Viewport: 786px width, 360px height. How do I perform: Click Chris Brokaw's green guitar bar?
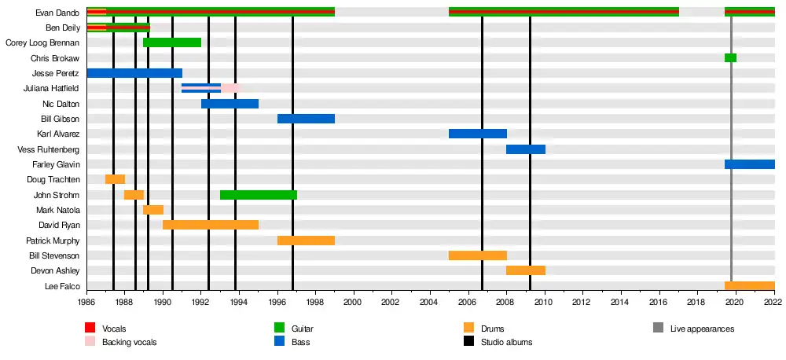(x=730, y=58)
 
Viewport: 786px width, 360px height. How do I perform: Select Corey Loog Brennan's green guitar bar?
(x=172, y=42)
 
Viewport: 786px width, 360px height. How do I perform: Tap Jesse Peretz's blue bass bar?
(x=134, y=73)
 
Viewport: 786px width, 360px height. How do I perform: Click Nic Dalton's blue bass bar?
(x=230, y=104)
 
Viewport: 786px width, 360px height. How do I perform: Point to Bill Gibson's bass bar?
(x=306, y=119)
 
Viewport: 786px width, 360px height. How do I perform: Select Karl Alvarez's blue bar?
(x=477, y=134)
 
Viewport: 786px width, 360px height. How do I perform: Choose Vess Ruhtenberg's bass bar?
(x=525, y=149)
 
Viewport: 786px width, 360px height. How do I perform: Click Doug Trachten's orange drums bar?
(x=115, y=179)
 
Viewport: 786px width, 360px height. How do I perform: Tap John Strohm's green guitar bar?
(x=258, y=195)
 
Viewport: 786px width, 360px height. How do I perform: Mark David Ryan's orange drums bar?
(x=210, y=225)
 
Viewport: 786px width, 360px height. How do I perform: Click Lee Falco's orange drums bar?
(x=749, y=286)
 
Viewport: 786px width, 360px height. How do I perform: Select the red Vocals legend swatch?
(x=90, y=328)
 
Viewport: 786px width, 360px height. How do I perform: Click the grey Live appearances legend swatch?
(x=658, y=328)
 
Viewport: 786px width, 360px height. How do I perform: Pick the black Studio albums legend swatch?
(x=469, y=342)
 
